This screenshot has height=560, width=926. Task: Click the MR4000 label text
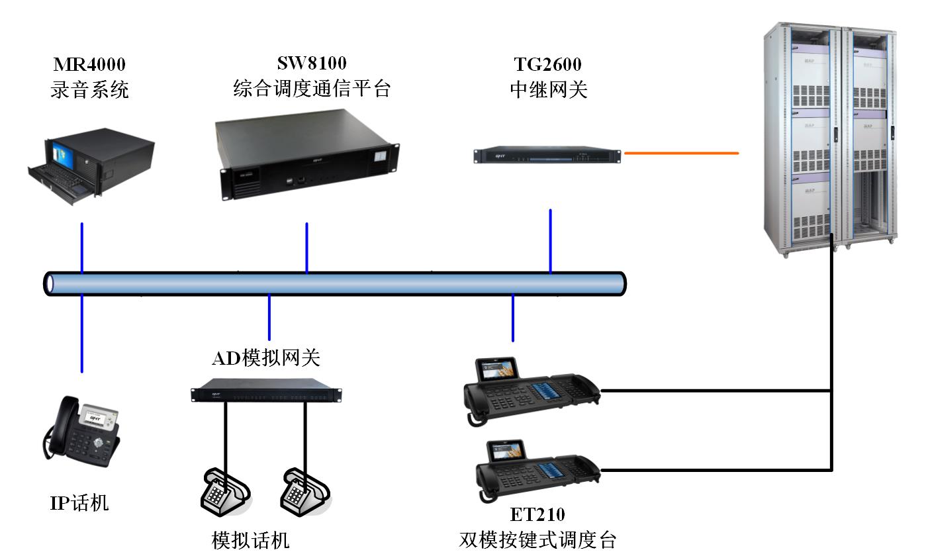(89, 65)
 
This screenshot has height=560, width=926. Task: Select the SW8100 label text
(312, 63)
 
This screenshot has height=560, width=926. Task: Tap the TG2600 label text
(548, 65)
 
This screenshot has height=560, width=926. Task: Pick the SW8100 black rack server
(308, 154)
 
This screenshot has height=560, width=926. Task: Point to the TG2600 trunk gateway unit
(547, 156)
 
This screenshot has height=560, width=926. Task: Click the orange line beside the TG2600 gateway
(681, 153)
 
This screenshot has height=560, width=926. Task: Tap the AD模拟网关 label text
(266, 358)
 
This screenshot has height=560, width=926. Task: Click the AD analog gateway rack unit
(266, 393)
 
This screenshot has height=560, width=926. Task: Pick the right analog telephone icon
(304, 490)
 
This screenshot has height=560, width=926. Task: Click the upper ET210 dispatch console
(533, 391)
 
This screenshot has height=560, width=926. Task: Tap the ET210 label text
(537, 514)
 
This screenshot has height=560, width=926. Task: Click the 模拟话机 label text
(251, 540)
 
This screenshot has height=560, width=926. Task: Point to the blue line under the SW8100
(306, 246)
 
